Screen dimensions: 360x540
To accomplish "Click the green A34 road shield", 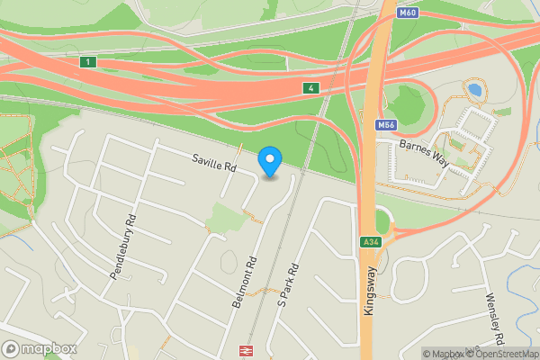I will (370, 242).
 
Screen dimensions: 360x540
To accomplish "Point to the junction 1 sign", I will (87, 61).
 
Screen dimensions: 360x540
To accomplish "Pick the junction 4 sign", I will (310, 87).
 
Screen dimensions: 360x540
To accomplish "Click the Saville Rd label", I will (213, 163).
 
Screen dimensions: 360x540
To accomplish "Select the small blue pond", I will (473, 90).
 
